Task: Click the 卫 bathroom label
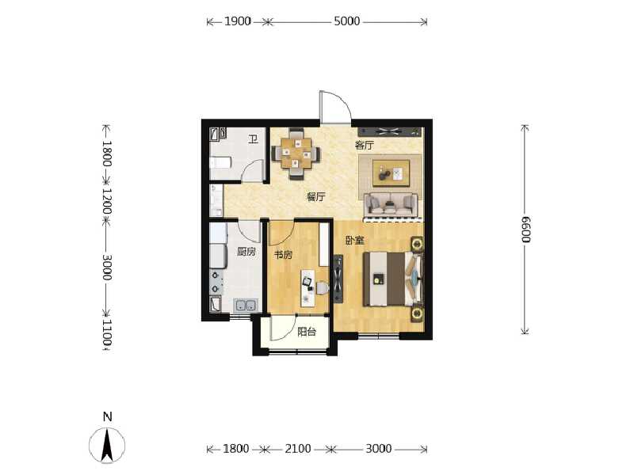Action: (253, 140)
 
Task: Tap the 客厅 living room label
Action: (364, 146)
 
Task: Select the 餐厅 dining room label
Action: (316, 197)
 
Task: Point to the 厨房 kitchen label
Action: (246, 252)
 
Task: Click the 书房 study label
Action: (284, 255)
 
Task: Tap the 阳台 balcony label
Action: (307, 332)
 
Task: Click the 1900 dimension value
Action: (237, 21)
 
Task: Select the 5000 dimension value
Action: (346, 21)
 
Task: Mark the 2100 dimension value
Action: (298, 449)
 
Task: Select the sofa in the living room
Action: (390, 204)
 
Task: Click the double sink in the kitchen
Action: (244, 305)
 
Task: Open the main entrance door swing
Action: (334, 108)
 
